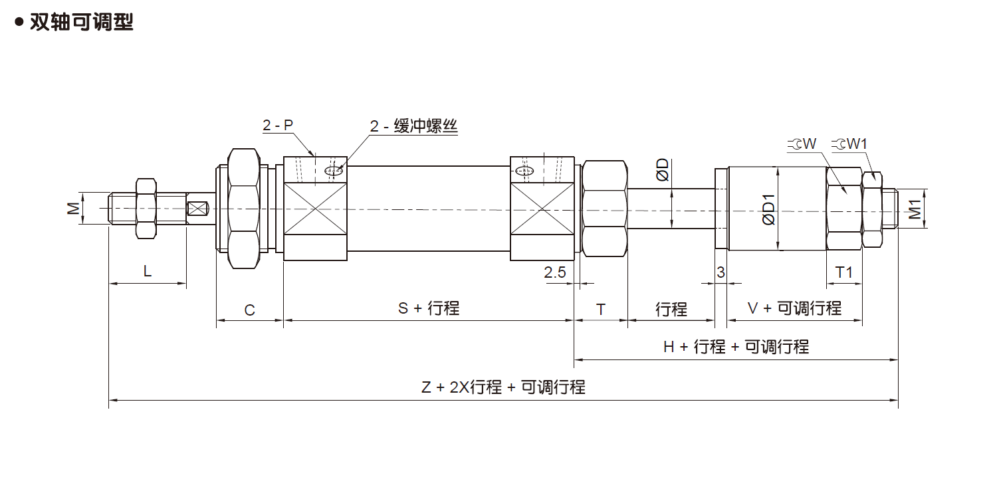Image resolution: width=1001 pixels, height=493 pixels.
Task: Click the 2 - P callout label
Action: tap(277, 125)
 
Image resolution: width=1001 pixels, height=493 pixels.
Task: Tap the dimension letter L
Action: tap(148, 270)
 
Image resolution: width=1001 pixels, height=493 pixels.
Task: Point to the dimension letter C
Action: tap(250, 310)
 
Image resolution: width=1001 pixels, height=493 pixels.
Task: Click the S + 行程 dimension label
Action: tap(429, 308)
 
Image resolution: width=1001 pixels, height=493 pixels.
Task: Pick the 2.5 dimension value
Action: tap(554, 272)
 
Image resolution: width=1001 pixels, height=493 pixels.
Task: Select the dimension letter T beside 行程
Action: tap(601, 310)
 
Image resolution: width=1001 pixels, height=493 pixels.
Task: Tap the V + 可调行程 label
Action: tap(794, 308)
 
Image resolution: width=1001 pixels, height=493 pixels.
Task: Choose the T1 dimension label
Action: tap(844, 272)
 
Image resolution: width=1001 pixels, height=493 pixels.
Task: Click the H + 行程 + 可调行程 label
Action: tap(736, 347)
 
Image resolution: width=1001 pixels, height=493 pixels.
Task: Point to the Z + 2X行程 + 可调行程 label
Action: tap(503, 387)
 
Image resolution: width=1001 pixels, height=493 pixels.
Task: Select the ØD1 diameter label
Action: tap(769, 209)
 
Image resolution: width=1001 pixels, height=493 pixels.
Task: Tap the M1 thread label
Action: tap(916, 209)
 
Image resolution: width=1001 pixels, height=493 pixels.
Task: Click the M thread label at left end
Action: tap(74, 209)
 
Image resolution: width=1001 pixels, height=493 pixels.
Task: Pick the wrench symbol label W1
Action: tap(853, 144)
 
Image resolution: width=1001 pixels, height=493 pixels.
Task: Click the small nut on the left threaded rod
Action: tap(146, 208)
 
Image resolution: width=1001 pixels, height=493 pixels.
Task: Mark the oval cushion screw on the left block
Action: tap(334, 171)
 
